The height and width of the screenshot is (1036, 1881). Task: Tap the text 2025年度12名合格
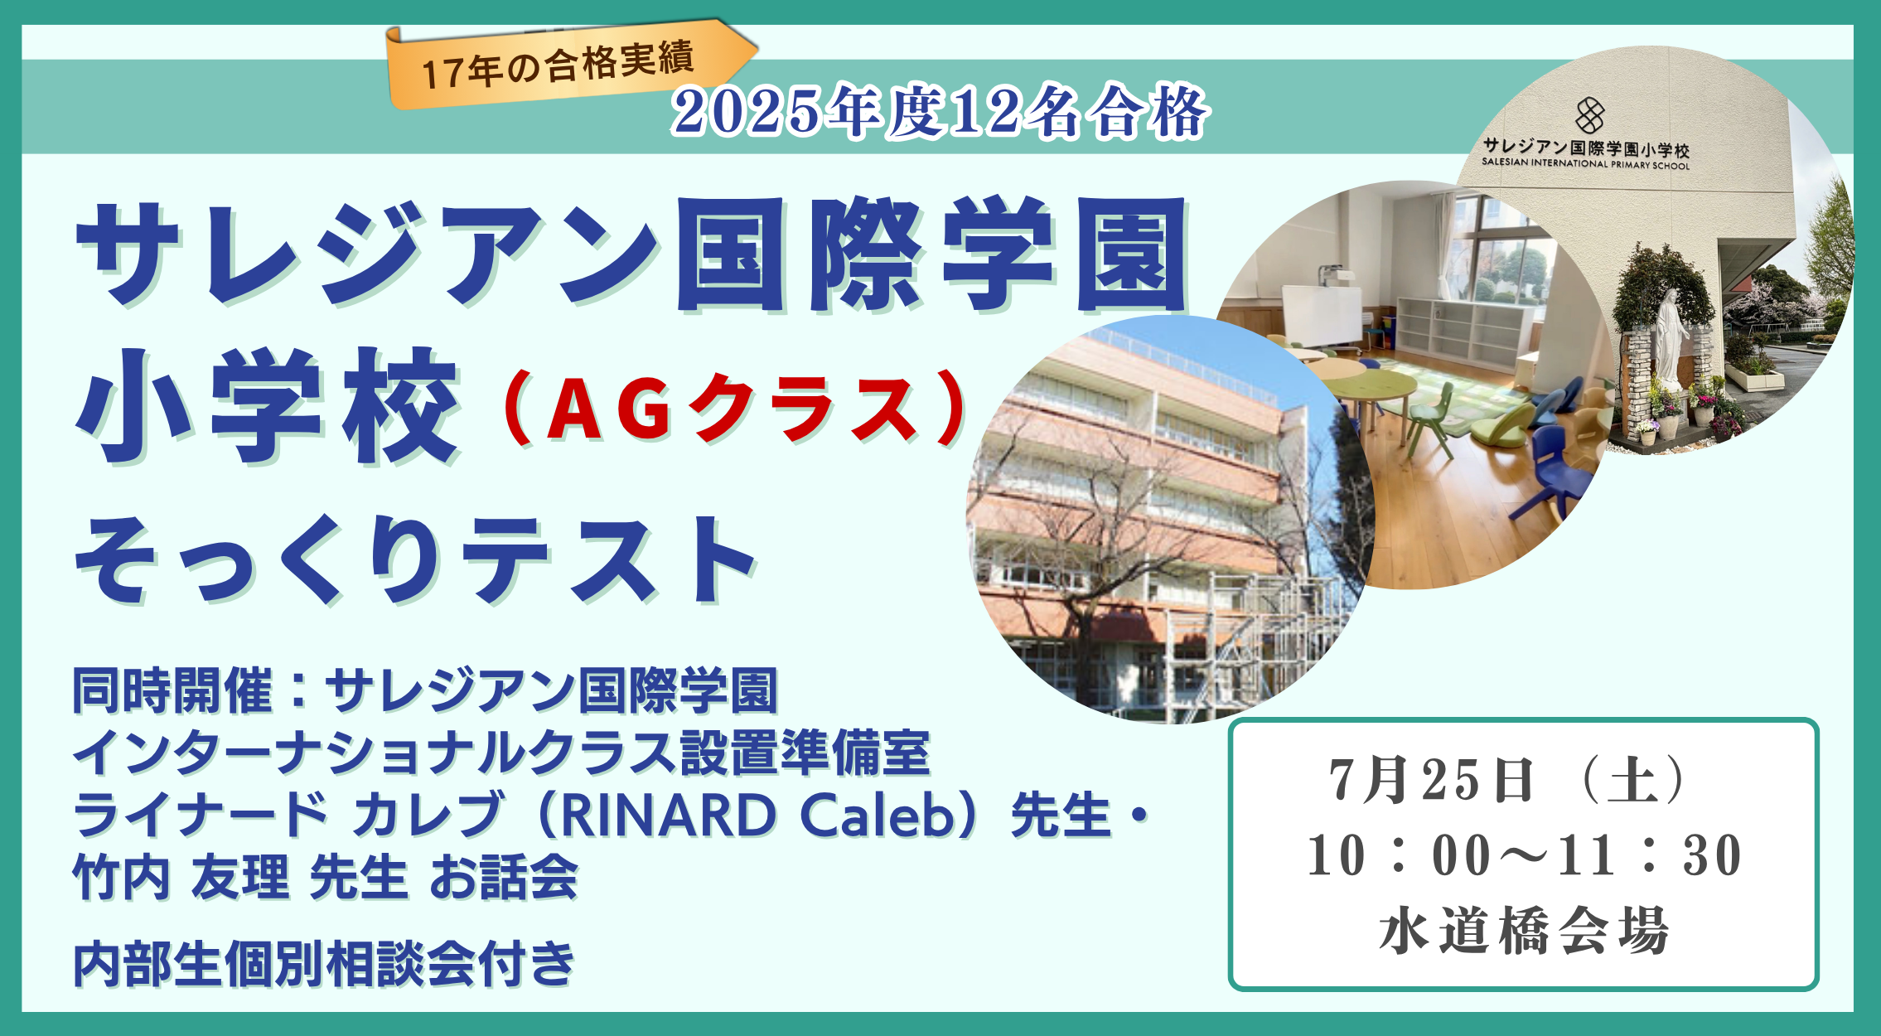(940, 111)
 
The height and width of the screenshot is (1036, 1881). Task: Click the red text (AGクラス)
(733, 409)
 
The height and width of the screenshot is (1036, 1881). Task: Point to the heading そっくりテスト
(414, 559)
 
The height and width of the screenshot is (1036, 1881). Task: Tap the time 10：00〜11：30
(1525, 854)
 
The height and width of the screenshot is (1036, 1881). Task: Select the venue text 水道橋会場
(1524, 931)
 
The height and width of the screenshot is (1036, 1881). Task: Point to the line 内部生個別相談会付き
(324, 963)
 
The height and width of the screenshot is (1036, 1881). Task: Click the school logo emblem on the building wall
(1589, 115)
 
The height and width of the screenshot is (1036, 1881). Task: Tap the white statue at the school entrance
(1671, 339)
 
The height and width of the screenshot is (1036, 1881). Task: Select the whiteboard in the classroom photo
(1322, 316)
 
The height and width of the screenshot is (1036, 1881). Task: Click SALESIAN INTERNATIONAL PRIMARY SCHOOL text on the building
(1585, 163)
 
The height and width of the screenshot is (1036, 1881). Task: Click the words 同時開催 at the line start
(172, 691)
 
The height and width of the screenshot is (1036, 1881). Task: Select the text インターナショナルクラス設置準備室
(501, 753)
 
